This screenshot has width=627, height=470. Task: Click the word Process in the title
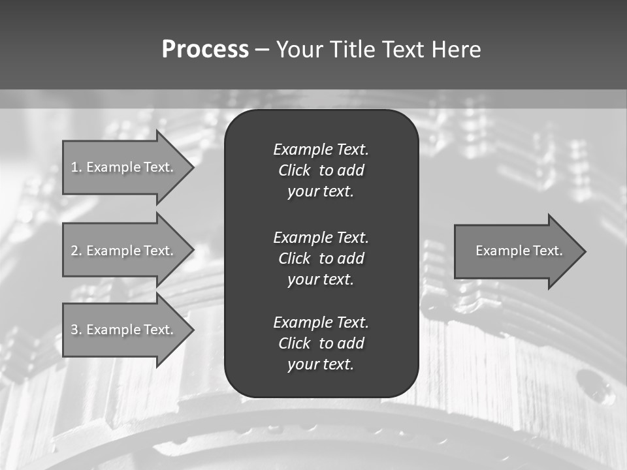click(205, 50)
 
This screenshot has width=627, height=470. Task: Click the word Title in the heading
click(352, 50)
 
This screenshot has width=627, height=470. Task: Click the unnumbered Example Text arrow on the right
click(516, 251)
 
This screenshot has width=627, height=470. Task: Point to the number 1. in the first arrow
click(76, 167)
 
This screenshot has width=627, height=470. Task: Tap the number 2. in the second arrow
click(76, 251)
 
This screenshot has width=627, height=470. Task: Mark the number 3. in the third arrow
click(76, 330)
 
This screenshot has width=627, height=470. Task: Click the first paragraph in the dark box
click(321, 170)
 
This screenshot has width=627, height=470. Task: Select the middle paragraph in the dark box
click(321, 258)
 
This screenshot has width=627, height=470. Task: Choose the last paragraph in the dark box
click(321, 343)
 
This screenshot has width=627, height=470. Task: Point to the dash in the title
click(262, 50)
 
